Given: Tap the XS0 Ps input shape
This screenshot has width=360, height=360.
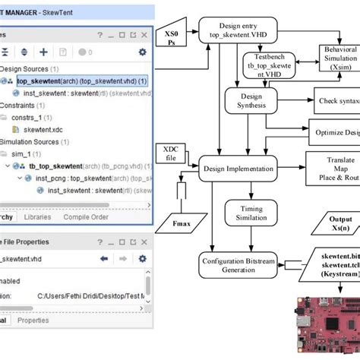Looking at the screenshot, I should [x=172, y=38].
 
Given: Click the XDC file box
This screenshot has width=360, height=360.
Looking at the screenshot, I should [x=171, y=152].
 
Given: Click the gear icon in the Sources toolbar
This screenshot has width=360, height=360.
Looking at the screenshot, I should [x=142, y=52].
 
